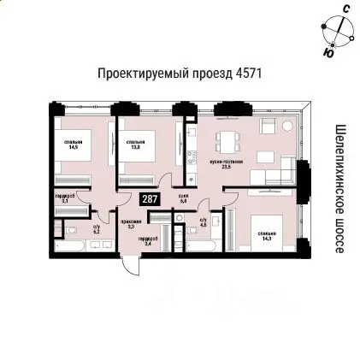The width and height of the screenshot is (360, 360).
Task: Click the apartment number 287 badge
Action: (x=150, y=199)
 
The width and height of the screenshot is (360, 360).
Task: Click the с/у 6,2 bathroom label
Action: (x=97, y=228)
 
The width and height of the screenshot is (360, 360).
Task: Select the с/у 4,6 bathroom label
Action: (x=204, y=221)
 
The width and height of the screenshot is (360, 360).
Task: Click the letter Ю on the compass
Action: (x=329, y=52)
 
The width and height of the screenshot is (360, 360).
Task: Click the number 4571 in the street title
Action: (x=245, y=74)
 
